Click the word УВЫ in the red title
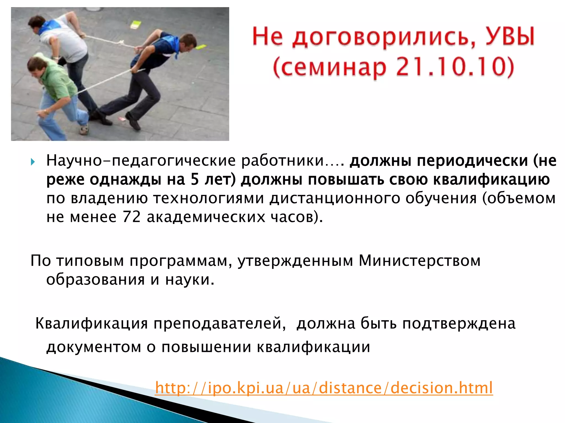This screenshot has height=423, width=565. [509, 37]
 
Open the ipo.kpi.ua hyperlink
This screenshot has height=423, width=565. [324, 388]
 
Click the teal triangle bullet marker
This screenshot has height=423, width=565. [33, 162]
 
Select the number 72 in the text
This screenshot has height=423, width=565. [132, 217]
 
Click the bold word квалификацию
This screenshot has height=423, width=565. [491, 180]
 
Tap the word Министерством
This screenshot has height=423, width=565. [419, 261]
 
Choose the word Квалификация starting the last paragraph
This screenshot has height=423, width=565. [92, 323]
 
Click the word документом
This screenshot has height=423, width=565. [94, 347]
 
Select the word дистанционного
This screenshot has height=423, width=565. [335, 198]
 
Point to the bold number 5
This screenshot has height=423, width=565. [195, 180]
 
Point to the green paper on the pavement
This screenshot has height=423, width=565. [135, 25]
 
